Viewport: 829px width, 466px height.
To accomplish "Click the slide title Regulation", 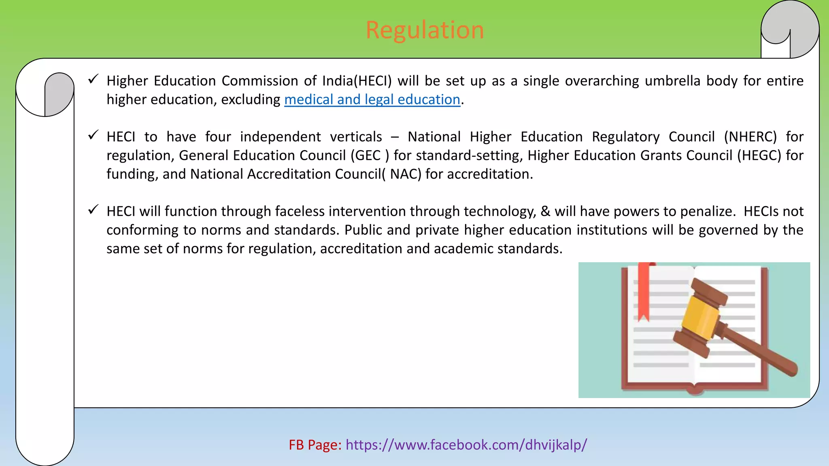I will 425,30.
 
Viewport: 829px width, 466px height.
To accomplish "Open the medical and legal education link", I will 372,100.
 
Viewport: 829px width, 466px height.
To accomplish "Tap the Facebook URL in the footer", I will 466,445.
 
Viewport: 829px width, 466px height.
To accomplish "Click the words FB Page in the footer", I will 315,445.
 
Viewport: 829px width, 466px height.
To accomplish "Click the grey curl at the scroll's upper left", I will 59,94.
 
